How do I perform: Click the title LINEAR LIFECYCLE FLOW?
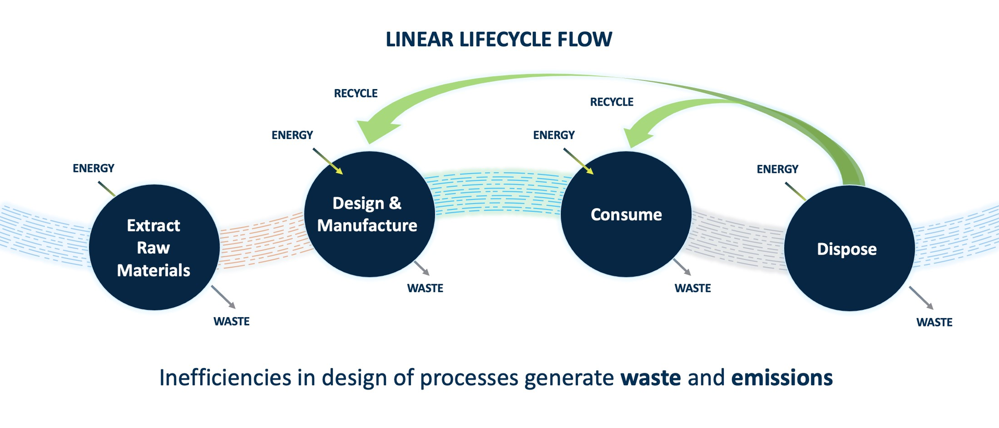[x=498, y=40]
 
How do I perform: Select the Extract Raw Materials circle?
[x=154, y=247]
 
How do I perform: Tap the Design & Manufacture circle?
[x=369, y=214]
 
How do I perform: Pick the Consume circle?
[x=626, y=214]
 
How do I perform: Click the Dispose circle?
[x=849, y=248]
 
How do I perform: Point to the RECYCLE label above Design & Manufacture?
[x=355, y=93]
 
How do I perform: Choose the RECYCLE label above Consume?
[x=611, y=102]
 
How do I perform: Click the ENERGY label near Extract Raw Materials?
[x=93, y=168]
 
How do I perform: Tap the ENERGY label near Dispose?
[x=777, y=169]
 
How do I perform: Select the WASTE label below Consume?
[x=692, y=288]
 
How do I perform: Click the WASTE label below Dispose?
[x=934, y=322]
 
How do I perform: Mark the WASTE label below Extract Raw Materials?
[x=231, y=321]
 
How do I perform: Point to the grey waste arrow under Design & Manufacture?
[x=422, y=269]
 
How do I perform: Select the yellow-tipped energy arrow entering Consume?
[x=579, y=161]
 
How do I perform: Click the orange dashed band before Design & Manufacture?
[x=263, y=241]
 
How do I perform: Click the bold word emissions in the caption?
[x=782, y=377]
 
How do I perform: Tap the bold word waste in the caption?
[x=650, y=377]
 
